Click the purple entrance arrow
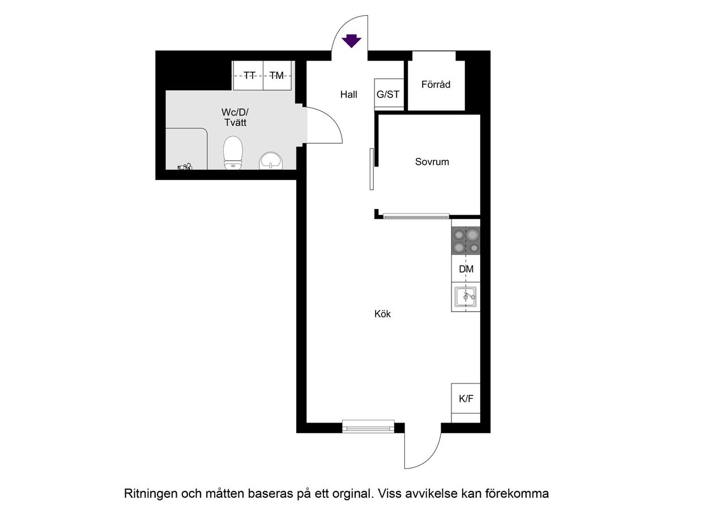pos(352,41)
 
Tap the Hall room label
pos(349,95)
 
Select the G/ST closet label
pos(388,95)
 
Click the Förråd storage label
pos(436,84)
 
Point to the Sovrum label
pos(432,162)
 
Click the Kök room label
pos(382,314)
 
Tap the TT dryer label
pos(249,75)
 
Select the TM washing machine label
pos(276,75)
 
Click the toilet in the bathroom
pos(233,153)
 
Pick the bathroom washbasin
pos(272,161)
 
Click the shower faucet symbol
pos(185,167)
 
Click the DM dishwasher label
pos(466,270)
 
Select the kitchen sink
pos(466,296)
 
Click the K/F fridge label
pos(466,399)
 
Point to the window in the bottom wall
pos(368,426)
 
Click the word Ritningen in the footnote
pos(150,493)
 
